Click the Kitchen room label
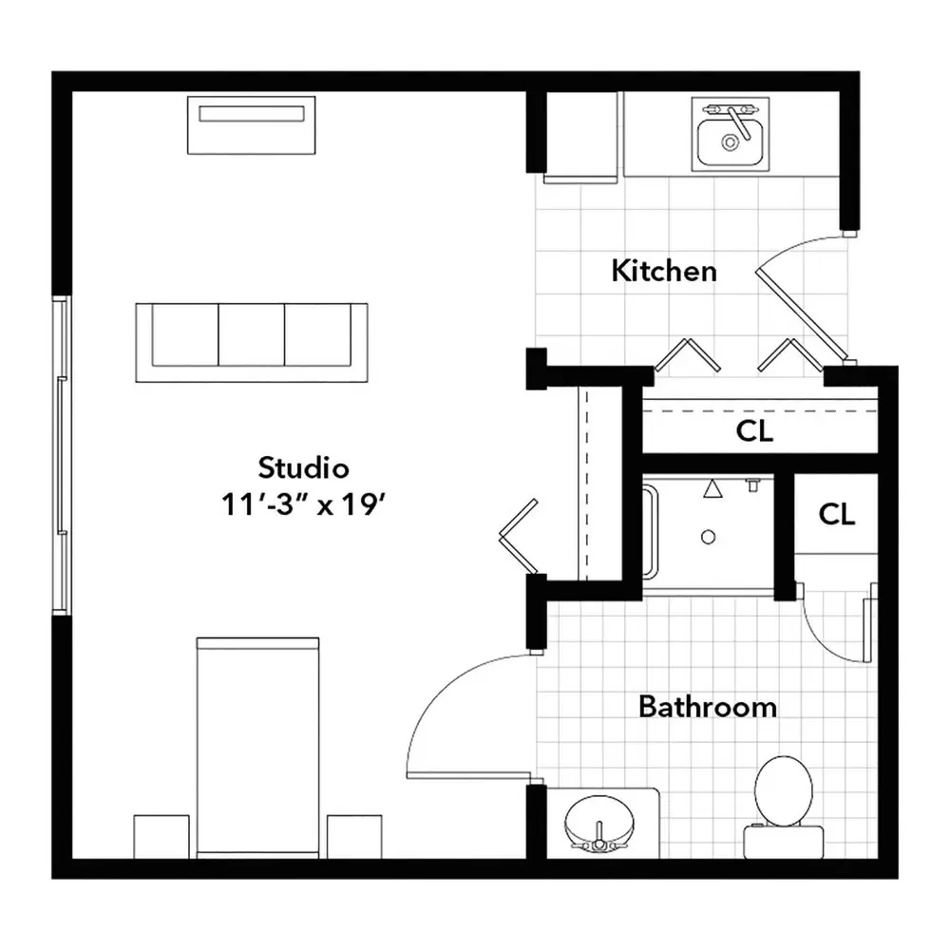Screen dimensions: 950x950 pos(664,271)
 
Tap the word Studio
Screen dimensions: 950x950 pos(304,467)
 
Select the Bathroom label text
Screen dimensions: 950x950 pos(708,707)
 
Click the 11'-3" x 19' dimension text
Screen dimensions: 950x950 pos(304,504)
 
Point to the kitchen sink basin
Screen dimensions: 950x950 pos(730,142)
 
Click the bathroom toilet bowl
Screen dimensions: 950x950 pos(784,790)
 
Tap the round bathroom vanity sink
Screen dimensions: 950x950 pos(599,824)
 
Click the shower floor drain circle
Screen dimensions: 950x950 pos(708,537)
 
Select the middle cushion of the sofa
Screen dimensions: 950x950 pos(251,335)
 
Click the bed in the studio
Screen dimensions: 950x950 pos(257,747)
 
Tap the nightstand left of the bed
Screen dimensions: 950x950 pos(161,836)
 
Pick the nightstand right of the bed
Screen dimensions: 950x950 pos(354,836)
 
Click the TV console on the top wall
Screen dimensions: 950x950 pos(252,124)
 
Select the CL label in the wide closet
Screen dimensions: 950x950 pos(754,431)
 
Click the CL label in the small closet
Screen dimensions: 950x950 pos(837,514)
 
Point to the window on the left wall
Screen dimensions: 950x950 pos(61,455)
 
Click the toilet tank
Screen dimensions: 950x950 pos(784,842)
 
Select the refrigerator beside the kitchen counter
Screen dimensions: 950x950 pos(580,137)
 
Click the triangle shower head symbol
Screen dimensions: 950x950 pos(713,489)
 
